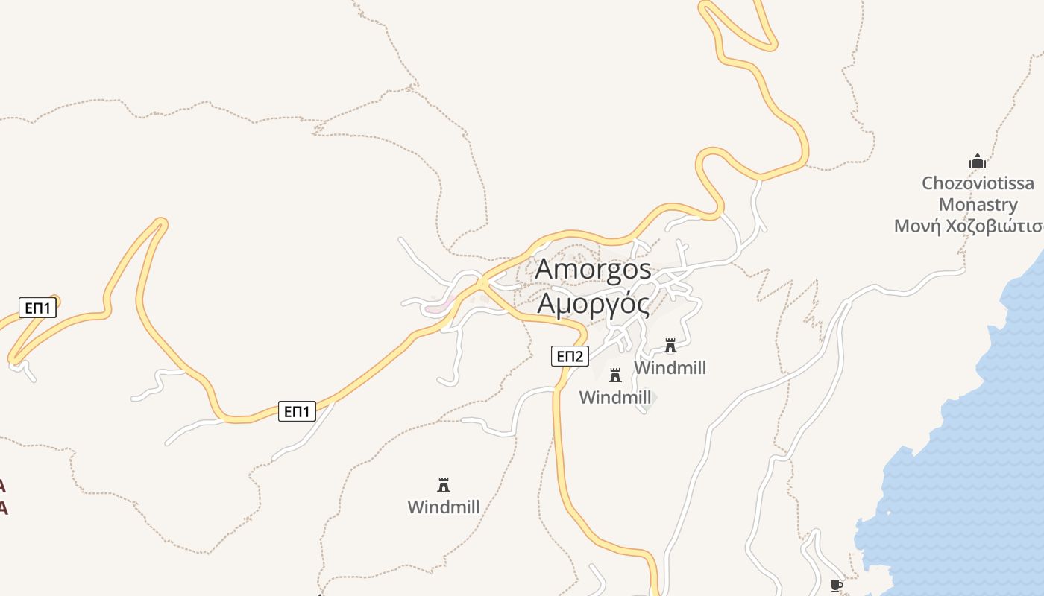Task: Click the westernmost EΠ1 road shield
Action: [37, 308]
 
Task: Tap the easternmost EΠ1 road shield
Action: [297, 410]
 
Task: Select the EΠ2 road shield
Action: [570, 356]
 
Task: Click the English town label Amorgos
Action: [593, 270]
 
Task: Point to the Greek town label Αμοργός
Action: [593, 304]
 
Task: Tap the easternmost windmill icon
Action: [670, 346]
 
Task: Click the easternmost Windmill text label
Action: [670, 368]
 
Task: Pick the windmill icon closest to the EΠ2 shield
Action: [615, 375]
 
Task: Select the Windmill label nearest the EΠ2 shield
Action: [615, 398]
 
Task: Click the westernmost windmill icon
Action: [444, 485]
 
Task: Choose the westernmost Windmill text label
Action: [444, 507]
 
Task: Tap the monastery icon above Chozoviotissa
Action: [977, 161]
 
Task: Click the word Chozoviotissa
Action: [978, 183]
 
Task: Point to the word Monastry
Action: [978, 205]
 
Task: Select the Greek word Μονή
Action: [917, 226]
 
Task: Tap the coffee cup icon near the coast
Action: [837, 586]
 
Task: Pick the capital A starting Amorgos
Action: [546, 270]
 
